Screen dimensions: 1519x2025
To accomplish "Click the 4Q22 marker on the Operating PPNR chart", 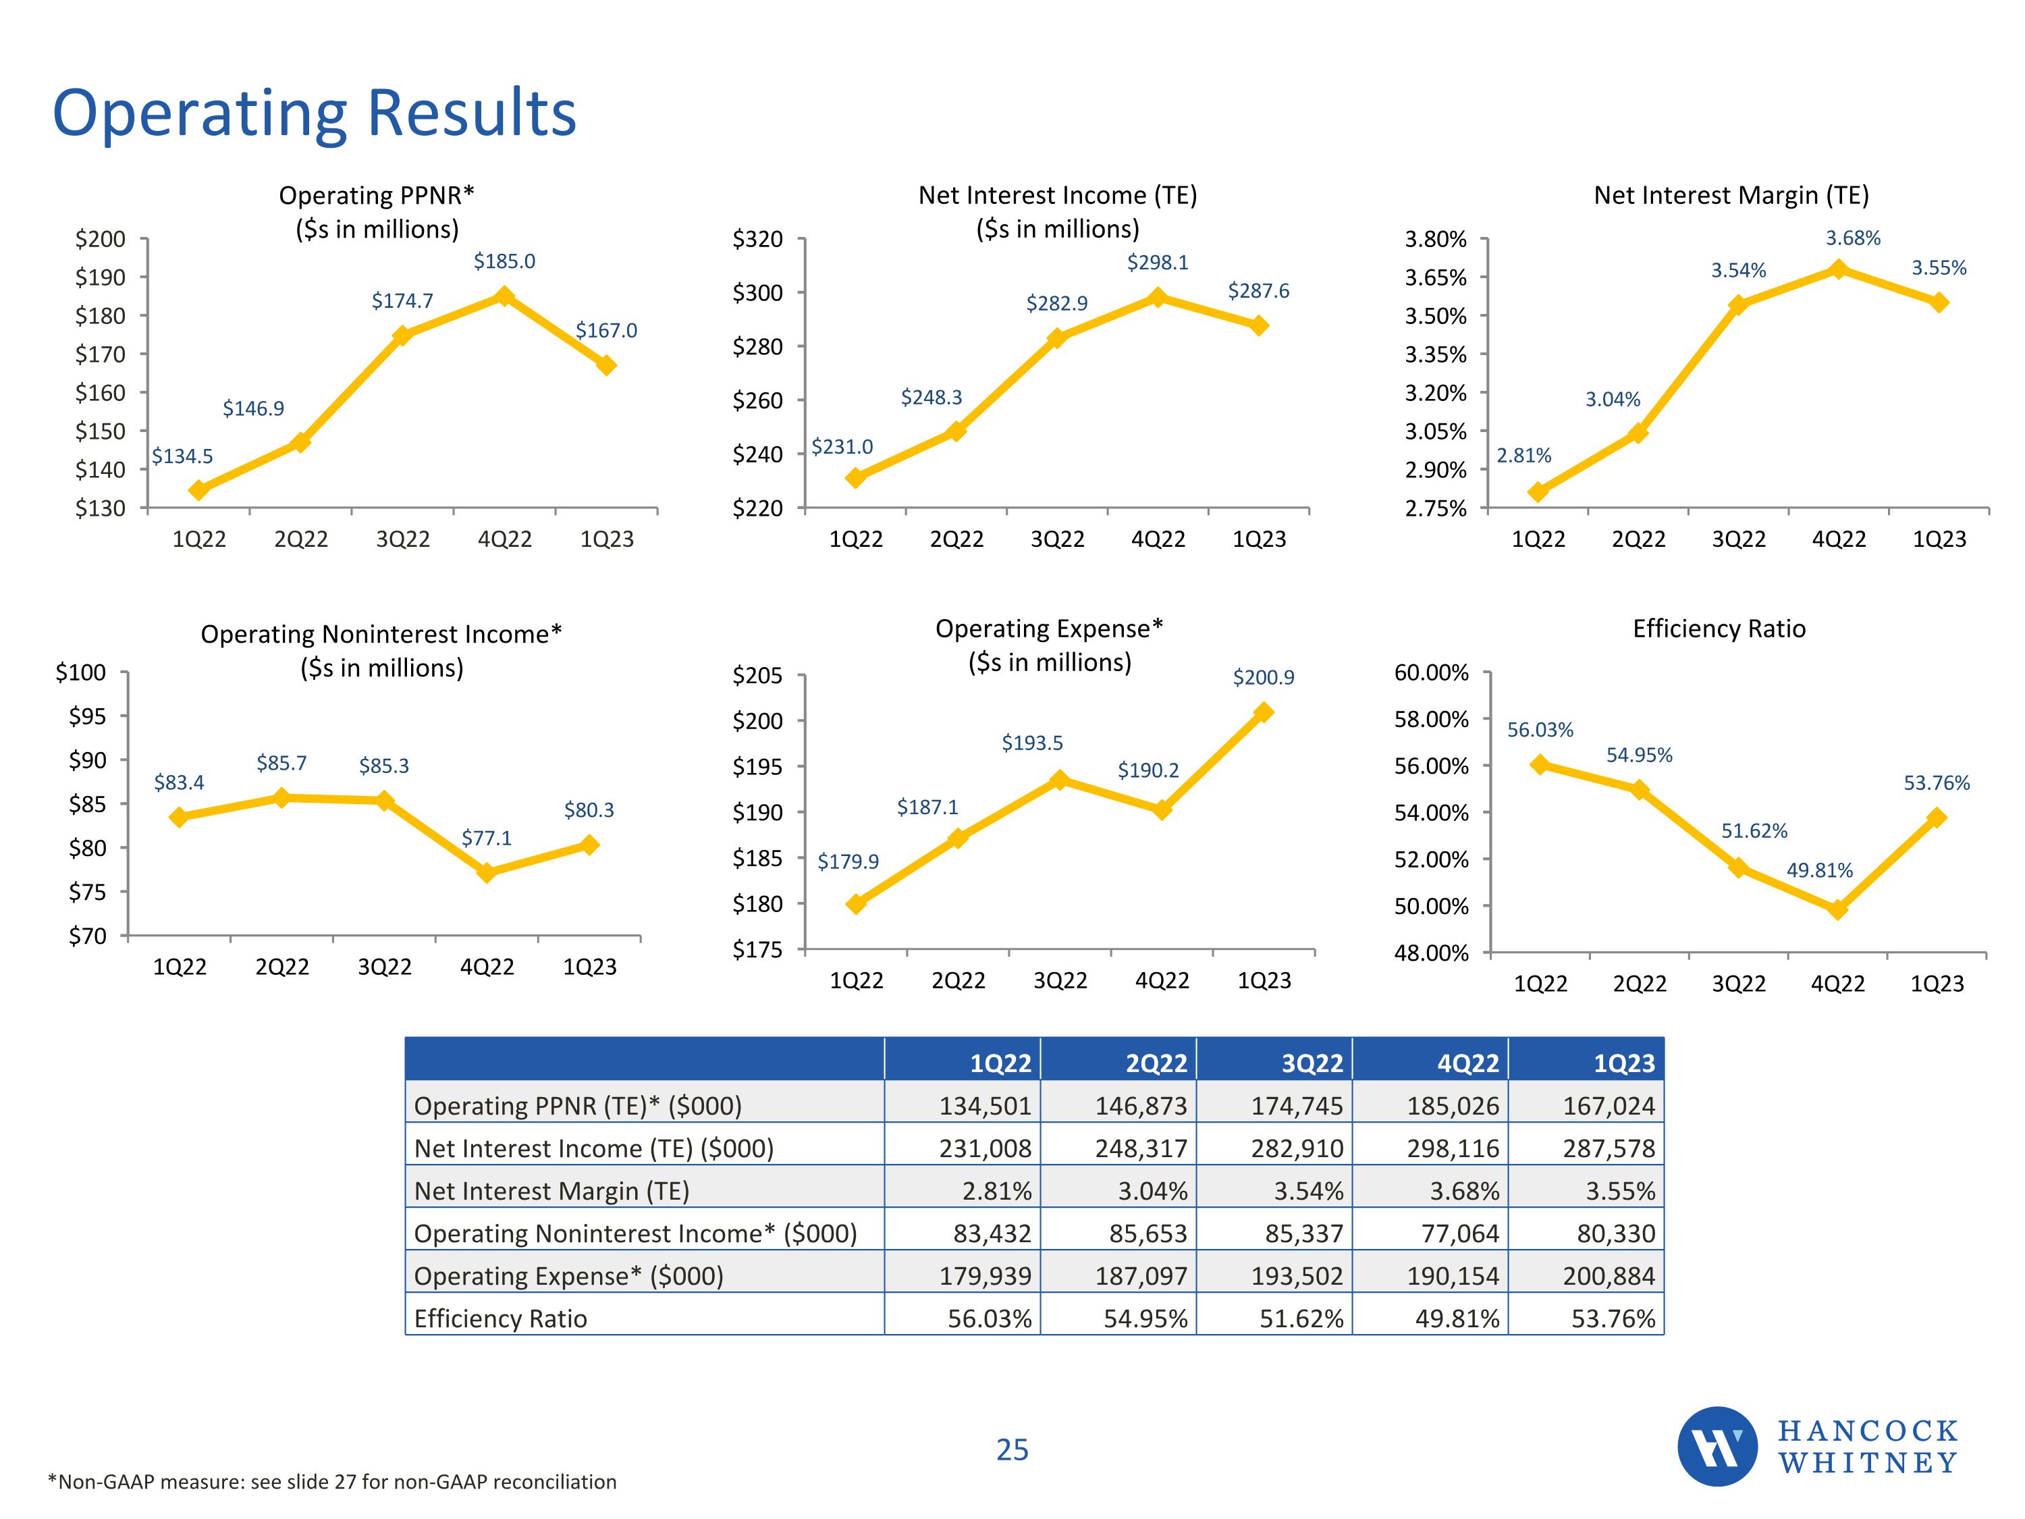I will tap(504, 296).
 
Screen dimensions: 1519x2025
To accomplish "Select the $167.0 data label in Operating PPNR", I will tap(606, 331).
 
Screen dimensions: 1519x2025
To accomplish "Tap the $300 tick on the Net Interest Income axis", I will tap(757, 293).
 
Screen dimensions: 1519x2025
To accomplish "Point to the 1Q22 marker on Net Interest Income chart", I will tap(855, 478).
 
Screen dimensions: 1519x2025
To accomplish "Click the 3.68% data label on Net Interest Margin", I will tap(1853, 238).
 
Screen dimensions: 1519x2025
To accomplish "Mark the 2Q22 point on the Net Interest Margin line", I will tap(1638, 433).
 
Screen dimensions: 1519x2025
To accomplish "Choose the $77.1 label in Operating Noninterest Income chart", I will tap(486, 838).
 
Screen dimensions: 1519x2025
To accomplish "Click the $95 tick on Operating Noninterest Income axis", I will tap(87, 716).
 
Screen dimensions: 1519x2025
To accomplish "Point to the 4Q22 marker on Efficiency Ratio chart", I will tap(1837, 909).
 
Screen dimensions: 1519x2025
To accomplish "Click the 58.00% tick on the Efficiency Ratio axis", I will tap(1431, 720).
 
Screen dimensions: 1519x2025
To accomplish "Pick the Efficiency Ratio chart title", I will tap(1719, 629).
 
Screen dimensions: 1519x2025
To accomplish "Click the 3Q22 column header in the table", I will tap(1311, 1063).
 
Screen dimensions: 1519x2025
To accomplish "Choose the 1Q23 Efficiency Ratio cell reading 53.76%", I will tap(1613, 1318).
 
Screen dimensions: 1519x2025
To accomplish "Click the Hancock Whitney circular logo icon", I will tap(1717, 1447).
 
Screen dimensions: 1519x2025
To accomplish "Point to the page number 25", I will tap(1012, 1449).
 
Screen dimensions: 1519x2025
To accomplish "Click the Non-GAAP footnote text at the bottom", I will tap(332, 1481).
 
